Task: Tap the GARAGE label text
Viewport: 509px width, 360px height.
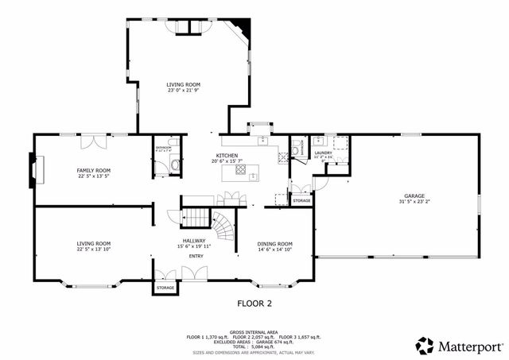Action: click(414, 195)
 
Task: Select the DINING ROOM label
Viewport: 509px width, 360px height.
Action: click(275, 244)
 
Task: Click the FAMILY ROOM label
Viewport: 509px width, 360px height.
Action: click(93, 170)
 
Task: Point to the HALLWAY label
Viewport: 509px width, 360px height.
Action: click(194, 241)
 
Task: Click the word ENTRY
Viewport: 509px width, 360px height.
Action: click(196, 256)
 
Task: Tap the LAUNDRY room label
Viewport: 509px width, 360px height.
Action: click(323, 153)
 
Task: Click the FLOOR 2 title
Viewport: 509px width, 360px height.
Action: click(254, 304)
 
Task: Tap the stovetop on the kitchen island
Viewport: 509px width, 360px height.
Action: click(239, 168)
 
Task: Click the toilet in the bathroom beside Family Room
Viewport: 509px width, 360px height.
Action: click(174, 165)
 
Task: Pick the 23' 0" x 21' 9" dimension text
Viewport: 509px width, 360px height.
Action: click(183, 91)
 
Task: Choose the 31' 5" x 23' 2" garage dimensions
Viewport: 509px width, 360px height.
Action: click(414, 202)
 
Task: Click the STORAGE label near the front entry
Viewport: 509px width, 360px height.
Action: click(165, 288)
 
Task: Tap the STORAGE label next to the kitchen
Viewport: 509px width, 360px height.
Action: click(301, 201)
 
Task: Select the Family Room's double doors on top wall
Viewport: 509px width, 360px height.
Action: click(94, 141)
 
